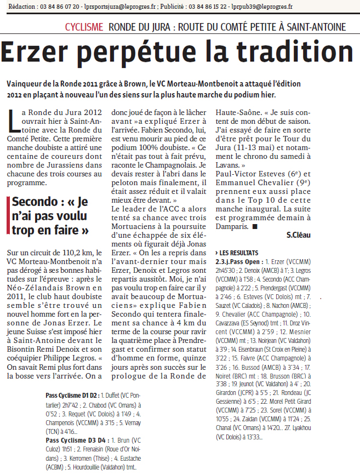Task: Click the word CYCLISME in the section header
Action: (x=84, y=27)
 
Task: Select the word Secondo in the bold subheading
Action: (x=34, y=202)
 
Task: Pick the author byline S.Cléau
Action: (x=298, y=234)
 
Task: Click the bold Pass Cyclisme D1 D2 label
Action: (x=72, y=394)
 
